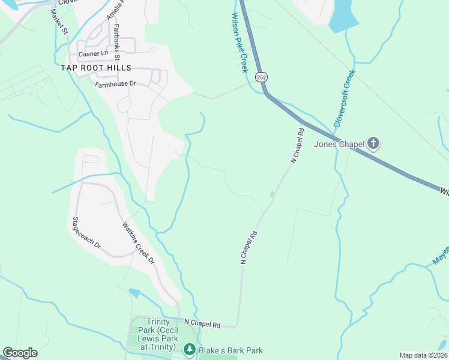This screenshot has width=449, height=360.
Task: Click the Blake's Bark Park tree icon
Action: [190, 349]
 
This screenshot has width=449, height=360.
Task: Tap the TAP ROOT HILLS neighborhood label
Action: [95, 68]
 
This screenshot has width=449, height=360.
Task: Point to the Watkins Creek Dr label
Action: [139, 244]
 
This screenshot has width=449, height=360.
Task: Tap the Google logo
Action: [20, 353]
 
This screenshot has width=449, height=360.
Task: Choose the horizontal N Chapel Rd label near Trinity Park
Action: [202, 324]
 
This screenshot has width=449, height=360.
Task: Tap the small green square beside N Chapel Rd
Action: [273, 194]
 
